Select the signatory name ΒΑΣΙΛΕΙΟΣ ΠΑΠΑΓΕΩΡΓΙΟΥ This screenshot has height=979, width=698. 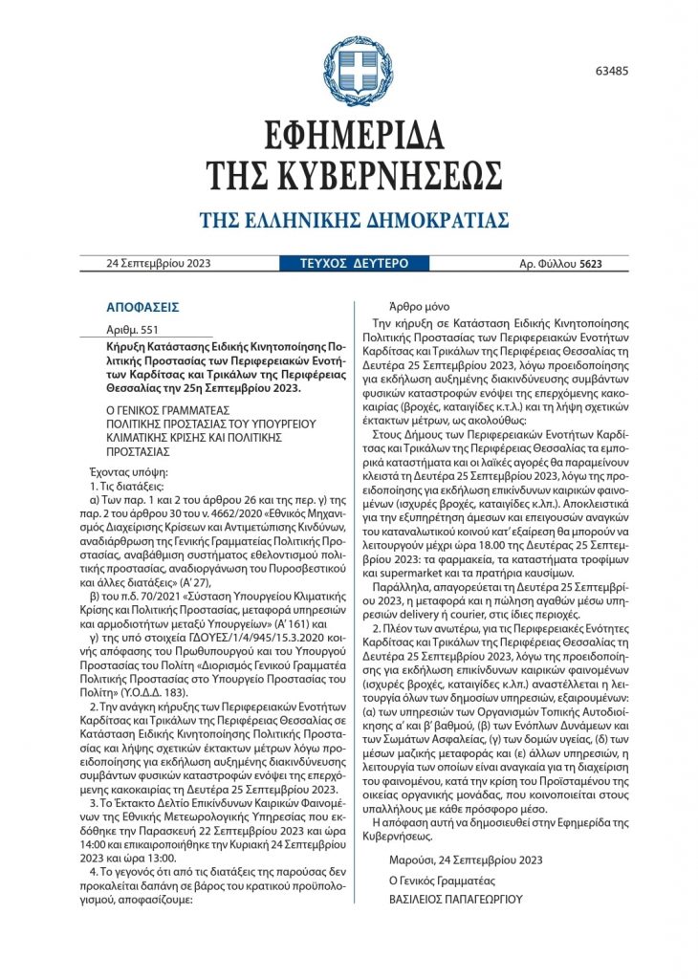click(455, 900)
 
